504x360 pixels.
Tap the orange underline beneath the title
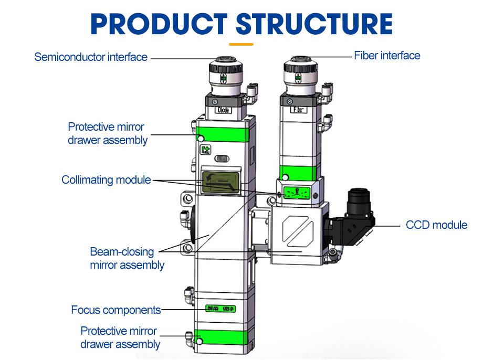click(241, 44)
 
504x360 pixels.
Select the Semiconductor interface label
click(91, 57)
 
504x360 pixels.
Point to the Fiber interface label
click(387, 55)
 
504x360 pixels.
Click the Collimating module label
click(106, 180)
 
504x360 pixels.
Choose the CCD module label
click(436, 225)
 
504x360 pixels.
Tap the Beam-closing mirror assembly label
click(127, 258)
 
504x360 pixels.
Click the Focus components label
click(115, 310)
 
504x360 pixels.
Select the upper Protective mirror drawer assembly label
click(108, 133)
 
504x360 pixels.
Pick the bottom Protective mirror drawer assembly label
click(120, 337)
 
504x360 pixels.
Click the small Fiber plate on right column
click(297, 110)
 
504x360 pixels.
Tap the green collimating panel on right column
click(296, 192)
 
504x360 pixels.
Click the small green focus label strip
click(220, 309)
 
